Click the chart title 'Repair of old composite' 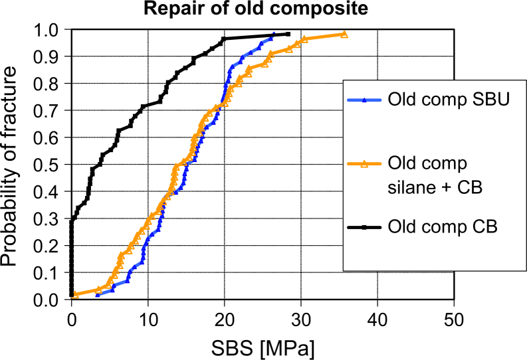click(263, 9)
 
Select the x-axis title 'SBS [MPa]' click(263, 347)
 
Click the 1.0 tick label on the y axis click(49, 30)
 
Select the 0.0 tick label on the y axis click(49, 301)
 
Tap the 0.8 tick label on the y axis click(49, 84)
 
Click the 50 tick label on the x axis click(454, 317)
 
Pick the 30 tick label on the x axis click(301, 317)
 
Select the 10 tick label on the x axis click(148, 317)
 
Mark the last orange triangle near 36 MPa click(344, 34)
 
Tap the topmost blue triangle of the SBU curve click(273, 34)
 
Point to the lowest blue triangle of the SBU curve click(98, 295)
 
